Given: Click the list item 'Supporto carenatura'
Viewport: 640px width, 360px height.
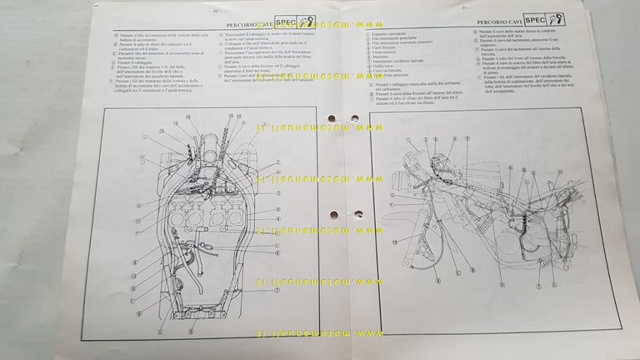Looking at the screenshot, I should (x=391, y=34).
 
